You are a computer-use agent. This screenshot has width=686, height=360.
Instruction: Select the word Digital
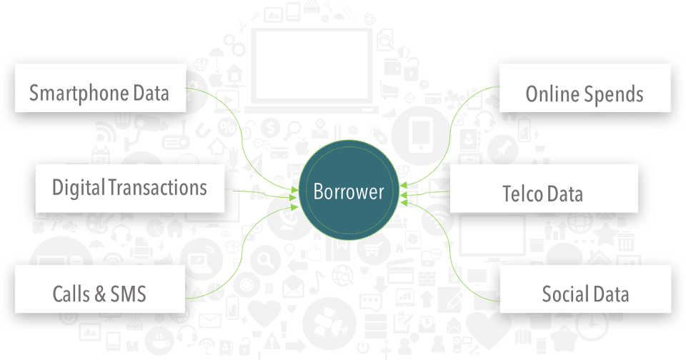(x=78, y=188)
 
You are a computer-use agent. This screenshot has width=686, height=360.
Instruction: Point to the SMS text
(x=128, y=294)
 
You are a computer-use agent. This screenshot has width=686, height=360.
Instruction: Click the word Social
(x=565, y=294)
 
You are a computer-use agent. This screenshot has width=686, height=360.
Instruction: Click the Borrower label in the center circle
(x=349, y=191)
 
